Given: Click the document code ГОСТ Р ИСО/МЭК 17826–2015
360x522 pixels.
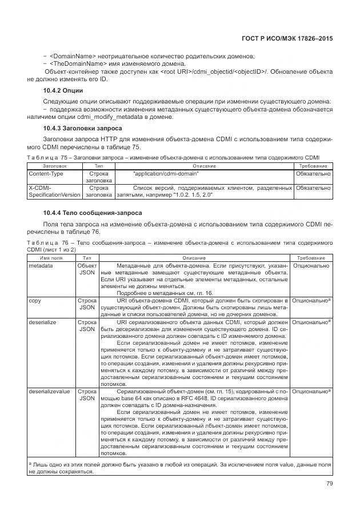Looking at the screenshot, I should (x=290, y=38).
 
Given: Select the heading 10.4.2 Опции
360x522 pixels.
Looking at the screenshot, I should (x=63, y=91).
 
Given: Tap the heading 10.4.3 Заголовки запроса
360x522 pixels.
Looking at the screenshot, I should (x=82, y=129).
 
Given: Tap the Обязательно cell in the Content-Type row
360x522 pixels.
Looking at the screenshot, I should (x=313, y=173).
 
